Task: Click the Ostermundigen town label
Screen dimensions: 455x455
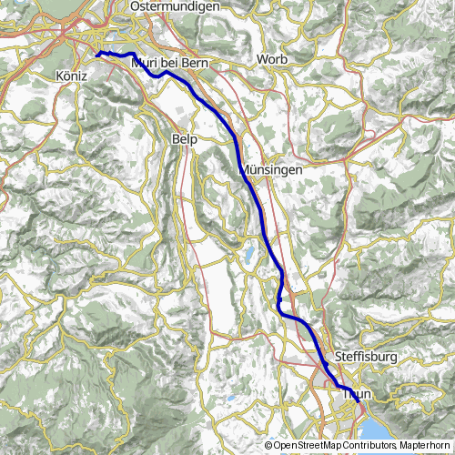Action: (x=176, y=6)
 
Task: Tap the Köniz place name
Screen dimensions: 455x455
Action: (x=70, y=76)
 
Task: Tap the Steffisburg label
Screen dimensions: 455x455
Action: (x=366, y=357)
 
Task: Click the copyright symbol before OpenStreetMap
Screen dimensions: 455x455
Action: (x=268, y=447)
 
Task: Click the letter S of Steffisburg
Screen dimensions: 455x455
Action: (x=339, y=357)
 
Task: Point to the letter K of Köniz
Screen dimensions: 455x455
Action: (x=59, y=76)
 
